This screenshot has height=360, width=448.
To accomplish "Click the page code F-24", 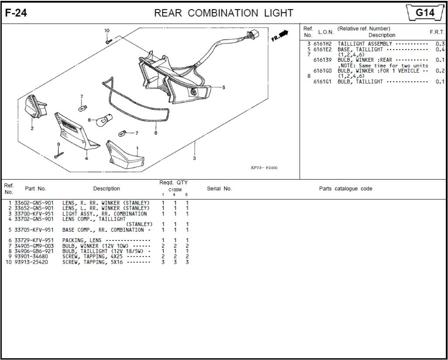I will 16,13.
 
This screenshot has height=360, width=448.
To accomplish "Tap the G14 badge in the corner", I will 424,13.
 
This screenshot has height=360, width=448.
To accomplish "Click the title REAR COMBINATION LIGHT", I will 224,13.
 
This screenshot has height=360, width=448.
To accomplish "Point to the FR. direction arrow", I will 280,35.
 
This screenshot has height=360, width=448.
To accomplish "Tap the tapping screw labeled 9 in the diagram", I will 59,155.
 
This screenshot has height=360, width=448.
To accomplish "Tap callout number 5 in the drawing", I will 224,88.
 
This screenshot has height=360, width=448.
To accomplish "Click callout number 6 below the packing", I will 156,133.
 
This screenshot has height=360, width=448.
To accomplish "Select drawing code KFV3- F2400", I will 264,168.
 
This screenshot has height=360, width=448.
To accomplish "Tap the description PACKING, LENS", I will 82,240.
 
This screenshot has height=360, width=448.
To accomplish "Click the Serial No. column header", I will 219,189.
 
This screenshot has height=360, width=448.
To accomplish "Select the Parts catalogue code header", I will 345,189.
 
